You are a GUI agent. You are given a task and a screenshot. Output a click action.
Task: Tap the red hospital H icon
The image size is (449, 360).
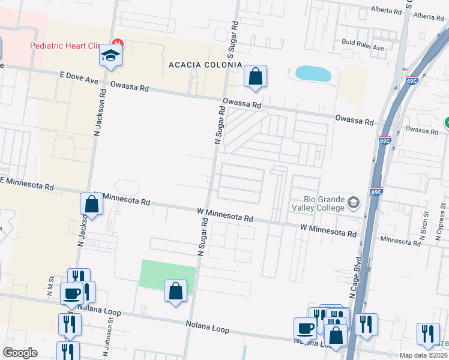pyautogui.click(x=119, y=43)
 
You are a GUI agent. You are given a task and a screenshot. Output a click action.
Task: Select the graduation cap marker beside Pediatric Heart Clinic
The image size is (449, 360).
pyautogui.click(x=111, y=56)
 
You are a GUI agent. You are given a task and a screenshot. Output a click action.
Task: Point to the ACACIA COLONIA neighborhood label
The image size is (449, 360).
pyautogui.click(x=205, y=65)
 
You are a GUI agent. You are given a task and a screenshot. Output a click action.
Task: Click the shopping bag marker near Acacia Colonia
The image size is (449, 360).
pyautogui.click(x=255, y=76)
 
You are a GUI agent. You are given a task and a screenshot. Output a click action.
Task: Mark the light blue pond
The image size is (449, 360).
pyautogui.click(x=313, y=74)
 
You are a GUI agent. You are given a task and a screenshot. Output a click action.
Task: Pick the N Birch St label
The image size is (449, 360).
pyautogui.click(x=425, y=225)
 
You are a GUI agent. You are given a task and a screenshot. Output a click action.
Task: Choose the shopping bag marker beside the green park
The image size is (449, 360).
pyautogui.click(x=175, y=292)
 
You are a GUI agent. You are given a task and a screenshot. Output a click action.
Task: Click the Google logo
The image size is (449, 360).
pyautogui.click(x=20, y=353)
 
